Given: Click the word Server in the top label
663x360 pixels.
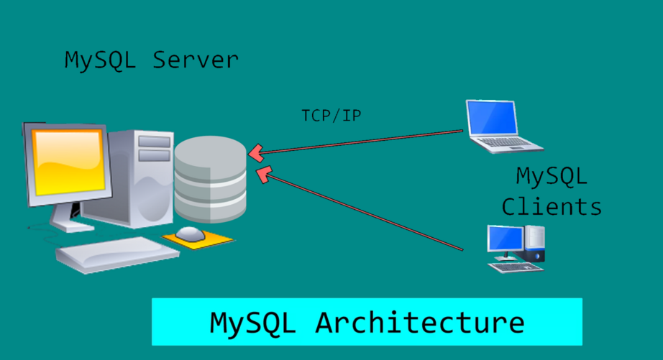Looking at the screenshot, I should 195,60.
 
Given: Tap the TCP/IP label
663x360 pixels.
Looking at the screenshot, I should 331,115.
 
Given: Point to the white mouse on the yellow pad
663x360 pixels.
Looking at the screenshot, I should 191,233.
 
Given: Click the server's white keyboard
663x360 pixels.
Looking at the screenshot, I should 116,254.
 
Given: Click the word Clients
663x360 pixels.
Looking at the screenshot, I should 552,207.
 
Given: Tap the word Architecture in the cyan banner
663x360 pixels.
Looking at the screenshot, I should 419,323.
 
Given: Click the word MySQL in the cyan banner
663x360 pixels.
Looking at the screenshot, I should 252,323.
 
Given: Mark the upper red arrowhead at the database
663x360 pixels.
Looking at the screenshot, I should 256,152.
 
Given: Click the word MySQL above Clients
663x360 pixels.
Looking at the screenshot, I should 552,175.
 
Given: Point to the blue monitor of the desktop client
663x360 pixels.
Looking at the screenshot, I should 506,238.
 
